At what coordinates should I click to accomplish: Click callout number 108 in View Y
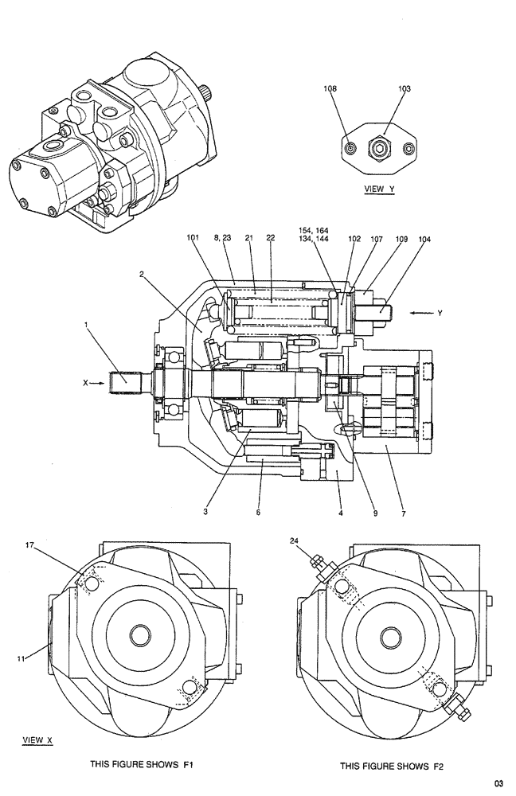click(x=329, y=90)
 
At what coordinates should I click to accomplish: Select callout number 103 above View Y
click(x=404, y=90)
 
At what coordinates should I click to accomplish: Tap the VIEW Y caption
click(x=379, y=189)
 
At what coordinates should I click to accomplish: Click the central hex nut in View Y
click(x=379, y=148)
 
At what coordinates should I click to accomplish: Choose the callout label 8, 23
click(x=222, y=238)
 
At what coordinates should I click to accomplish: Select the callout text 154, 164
click(x=314, y=230)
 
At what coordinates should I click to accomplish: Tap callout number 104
click(x=425, y=238)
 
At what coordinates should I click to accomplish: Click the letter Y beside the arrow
click(x=439, y=313)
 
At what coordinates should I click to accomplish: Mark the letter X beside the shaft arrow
click(x=85, y=383)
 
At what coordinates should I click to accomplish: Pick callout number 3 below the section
click(x=205, y=513)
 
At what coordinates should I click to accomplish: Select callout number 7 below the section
click(x=404, y=513)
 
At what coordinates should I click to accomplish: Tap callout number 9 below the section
click(x=373, y=513)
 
